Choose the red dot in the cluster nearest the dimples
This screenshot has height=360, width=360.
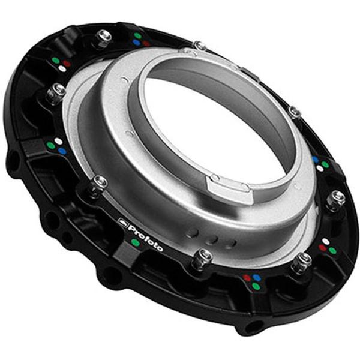coord(246,277)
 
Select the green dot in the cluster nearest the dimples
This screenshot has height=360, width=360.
coord(256,286)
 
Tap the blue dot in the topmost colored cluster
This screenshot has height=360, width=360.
coord(137,43)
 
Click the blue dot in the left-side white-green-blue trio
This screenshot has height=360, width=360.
coord(62,151)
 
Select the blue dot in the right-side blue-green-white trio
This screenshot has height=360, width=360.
coord(316,160)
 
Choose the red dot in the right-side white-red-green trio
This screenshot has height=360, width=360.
coord(322,247)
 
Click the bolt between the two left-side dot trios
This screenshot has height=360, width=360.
coord(56,91)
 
